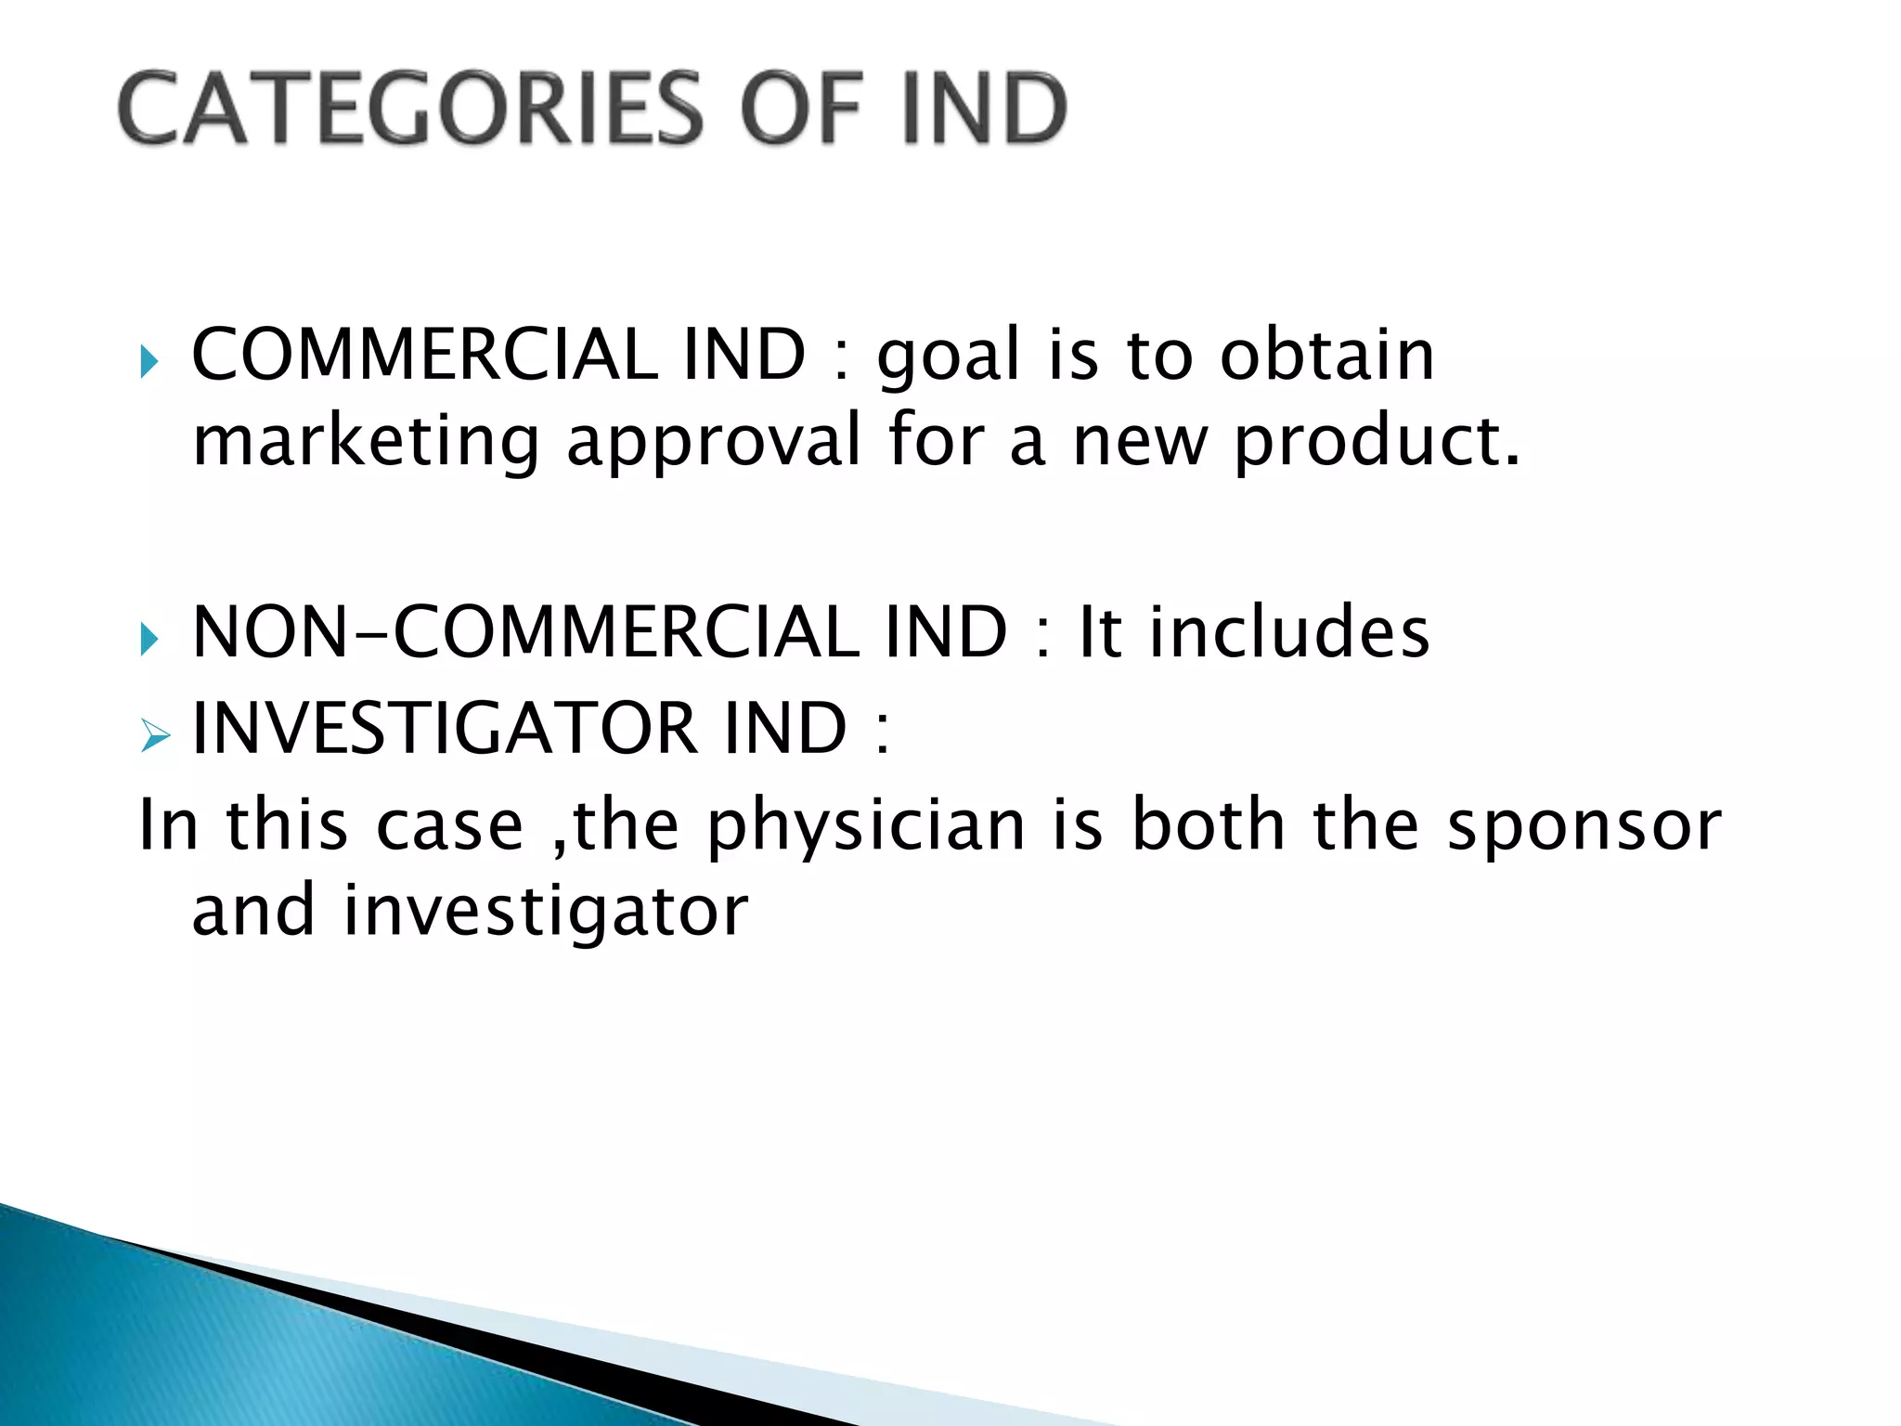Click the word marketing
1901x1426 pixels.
(366, 442)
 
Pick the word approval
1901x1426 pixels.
(714, 442)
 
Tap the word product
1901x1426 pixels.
(1377, 442)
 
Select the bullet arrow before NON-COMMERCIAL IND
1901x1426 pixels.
(149, 639)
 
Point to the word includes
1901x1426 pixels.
(1290, 633)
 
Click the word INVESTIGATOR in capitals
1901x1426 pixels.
(444, 729)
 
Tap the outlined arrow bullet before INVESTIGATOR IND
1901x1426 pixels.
(154, 737)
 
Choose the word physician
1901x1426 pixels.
(866, 827)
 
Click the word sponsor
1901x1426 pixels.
(1584, 827)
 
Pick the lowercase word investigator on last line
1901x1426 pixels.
(546, 912)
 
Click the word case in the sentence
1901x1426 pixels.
(450, 827)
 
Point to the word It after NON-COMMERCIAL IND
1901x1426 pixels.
(1101, 633)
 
